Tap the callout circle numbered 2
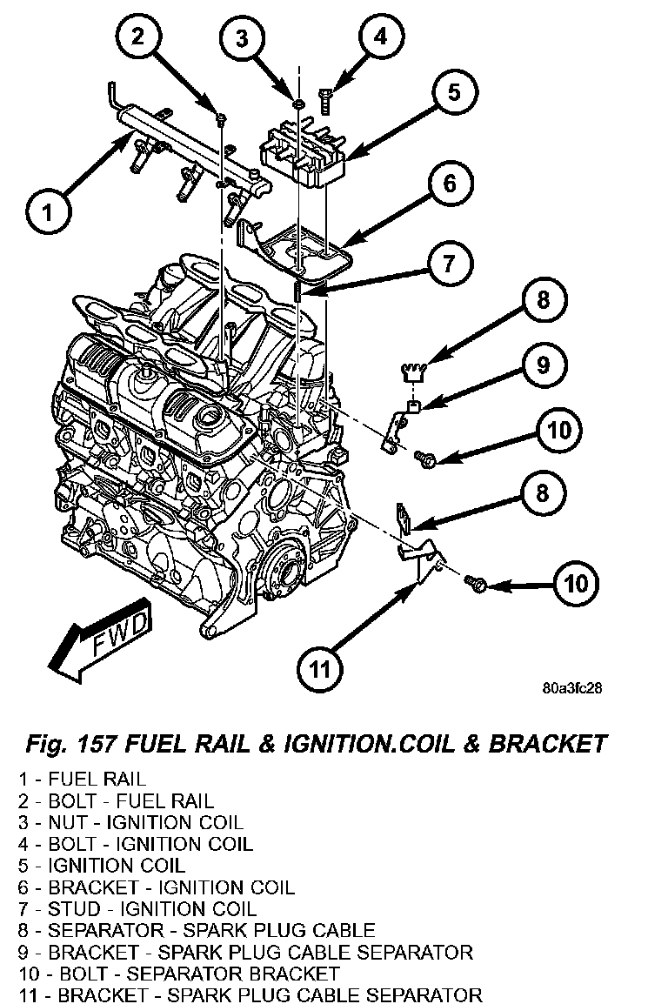(x=138, y=37)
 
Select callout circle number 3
(x=241, y=37)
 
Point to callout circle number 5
(x=453, y=91)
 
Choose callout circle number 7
(x=449, y=263)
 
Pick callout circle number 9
(x=543, y=365)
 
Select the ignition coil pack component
(x=302, y=151)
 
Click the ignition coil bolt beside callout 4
(x=325, y=101)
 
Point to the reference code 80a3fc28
(x=571, y=689)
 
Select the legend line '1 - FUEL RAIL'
(x=82, y=780)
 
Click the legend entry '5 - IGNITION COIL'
(x=102, y=866)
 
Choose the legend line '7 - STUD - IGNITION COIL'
(x=137, y=909)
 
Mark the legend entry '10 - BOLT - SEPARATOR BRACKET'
(x=179, y=974)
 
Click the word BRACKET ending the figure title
(x=547, y=744)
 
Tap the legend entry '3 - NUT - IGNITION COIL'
(x=130, y=823)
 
